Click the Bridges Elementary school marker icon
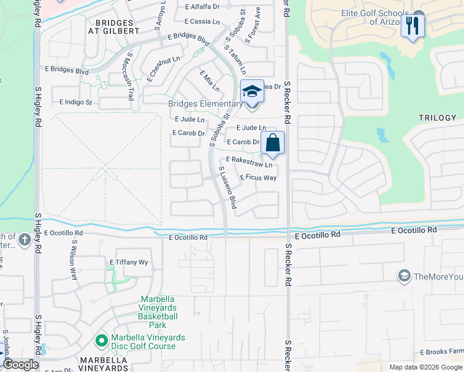tap(252, 92)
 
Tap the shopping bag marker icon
tap(272, 143)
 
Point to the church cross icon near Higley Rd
tap(24, 240)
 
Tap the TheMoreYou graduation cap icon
tap(404, 275)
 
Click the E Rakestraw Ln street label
tap(249, 162)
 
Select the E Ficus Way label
tap(258, 177)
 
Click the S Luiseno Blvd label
tap(227, 187)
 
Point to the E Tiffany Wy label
tap(129, 262)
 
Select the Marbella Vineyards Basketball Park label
tap(159, 312)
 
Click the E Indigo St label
tap(76, 102)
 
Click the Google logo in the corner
tap(20, 365)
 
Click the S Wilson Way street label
tap(74, 260)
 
